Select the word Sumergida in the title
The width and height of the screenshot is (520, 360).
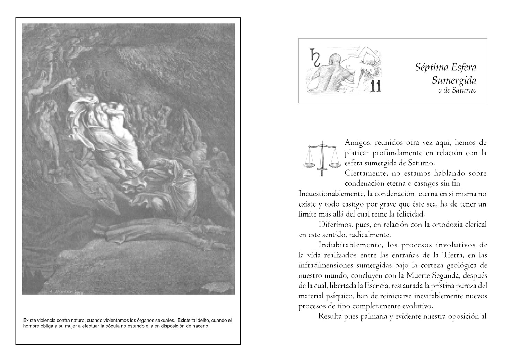(454, 80)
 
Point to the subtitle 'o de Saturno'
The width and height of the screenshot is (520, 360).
(457, 90)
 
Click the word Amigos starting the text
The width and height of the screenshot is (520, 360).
(358, 143)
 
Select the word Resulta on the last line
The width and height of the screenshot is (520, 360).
(330, 316)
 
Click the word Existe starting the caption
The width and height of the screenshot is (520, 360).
(29, 320)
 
